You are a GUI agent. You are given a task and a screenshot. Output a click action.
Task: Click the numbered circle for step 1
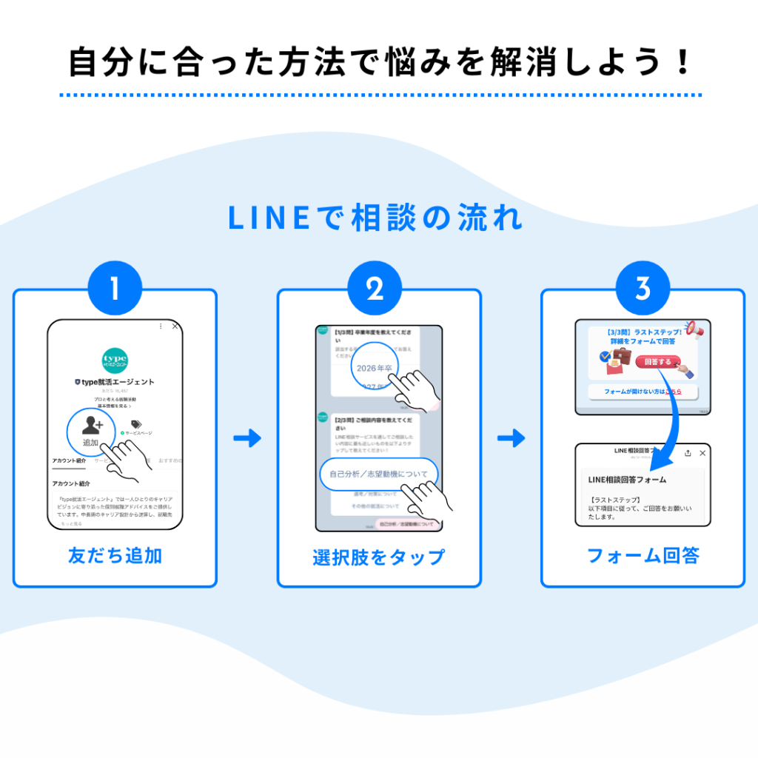point(114,289)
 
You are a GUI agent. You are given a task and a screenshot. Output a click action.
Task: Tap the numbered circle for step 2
point(375,289)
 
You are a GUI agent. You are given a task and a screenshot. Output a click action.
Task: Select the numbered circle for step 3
point(643,289)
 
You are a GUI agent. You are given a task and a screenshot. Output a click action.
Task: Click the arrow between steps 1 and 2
point(247,438)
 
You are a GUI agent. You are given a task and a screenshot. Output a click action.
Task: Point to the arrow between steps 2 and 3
point(511,438)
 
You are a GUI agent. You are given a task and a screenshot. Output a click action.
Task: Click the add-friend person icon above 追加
point(92,425)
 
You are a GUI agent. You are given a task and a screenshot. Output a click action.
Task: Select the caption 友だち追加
point(115,556)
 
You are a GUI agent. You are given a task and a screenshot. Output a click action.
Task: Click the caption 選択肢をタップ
point(378,557)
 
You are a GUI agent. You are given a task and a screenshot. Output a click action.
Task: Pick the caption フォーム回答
point(643,556)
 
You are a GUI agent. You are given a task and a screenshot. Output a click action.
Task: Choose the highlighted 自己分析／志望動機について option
point(378,474)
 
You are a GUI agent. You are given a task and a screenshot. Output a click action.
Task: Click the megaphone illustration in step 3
point(692,327)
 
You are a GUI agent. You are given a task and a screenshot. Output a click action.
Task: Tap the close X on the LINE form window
point(702,453)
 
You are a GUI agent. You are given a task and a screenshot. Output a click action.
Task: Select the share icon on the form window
point(688,453)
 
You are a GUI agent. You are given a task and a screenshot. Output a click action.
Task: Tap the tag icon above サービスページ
point(135,423)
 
